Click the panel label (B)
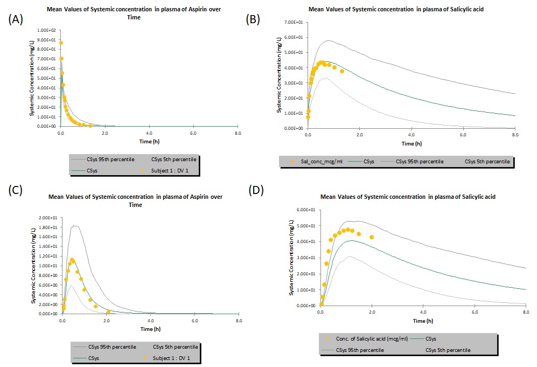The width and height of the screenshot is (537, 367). [x=254, y=20]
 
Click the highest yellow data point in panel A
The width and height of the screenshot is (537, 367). [x=61, y=43]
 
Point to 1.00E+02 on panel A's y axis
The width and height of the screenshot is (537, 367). [x=47, y=30]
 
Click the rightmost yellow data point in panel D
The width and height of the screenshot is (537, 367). [x=372, y=237]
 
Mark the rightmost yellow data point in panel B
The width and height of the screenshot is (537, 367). [x=342, y=71]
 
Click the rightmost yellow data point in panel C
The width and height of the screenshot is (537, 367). [x=108, y=311]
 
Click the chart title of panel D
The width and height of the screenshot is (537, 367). [x=408, y=197]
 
